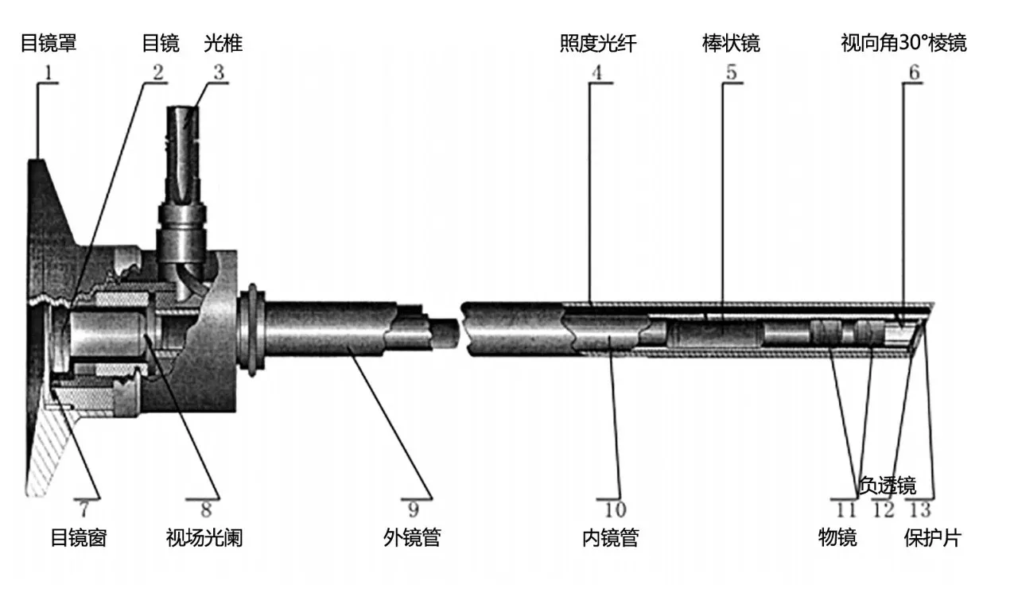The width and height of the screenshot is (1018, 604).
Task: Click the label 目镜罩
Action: coord(49,44)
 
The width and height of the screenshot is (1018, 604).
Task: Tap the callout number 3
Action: coord(219,72)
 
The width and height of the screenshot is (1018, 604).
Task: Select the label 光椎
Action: coord(223,44)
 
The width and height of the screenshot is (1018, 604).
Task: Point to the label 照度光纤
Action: coord(598,44)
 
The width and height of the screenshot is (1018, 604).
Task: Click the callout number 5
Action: coord(731,72)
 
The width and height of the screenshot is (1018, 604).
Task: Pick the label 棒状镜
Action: coord(731,44)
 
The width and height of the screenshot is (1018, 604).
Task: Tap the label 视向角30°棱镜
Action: coord(903,44)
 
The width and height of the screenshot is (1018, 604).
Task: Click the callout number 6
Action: coord(914,72)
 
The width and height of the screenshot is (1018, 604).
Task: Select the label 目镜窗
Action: coord(79,538)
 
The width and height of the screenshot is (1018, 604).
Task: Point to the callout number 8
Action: coord(206,510)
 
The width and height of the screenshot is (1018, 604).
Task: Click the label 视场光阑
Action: coord(204,538)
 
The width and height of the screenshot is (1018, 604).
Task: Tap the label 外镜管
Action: coord(412,538)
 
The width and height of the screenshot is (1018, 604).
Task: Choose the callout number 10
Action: coord(615,510)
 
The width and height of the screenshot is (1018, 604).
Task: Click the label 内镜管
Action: coord(611,538)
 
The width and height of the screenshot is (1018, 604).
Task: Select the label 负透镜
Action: coord(888,486)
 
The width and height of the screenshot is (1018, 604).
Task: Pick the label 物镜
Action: coord(837,538)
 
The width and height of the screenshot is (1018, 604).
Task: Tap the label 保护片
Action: coord(933,538)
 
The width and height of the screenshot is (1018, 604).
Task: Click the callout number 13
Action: coord(920,510)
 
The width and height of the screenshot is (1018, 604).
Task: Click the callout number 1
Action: coord(49,72)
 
